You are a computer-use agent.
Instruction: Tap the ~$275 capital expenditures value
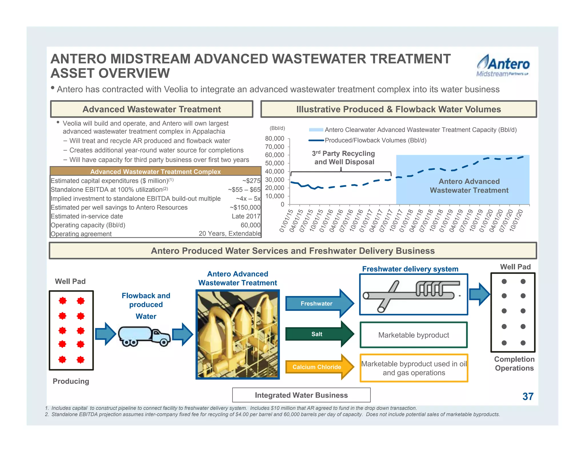(x=251, y=181)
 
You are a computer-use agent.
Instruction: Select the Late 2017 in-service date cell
(x=246, y=216)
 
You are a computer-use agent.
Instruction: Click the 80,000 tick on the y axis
(x=275, y=139)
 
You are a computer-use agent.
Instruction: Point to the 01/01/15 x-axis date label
(x=286, y=221)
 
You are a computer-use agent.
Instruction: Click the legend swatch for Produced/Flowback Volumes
(x=316, y=140)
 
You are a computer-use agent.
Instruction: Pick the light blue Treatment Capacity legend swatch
(x=316, y=130)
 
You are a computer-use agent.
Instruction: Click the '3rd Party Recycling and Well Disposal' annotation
(x=344, y=158)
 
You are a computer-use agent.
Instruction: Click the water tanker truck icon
(x=144, y=336)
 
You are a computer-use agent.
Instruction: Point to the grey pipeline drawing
(x=411, y=294)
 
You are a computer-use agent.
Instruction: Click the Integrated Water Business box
(x=301, y=395)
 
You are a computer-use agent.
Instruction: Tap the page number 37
(x=528, y=396)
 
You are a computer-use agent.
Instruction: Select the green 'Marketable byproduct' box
(x=414, y=335)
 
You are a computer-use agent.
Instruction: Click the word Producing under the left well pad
(x=71, y=381)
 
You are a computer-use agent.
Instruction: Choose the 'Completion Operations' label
(x=514, y=363)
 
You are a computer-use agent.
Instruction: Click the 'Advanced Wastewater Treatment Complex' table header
(x=155, y=171)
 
